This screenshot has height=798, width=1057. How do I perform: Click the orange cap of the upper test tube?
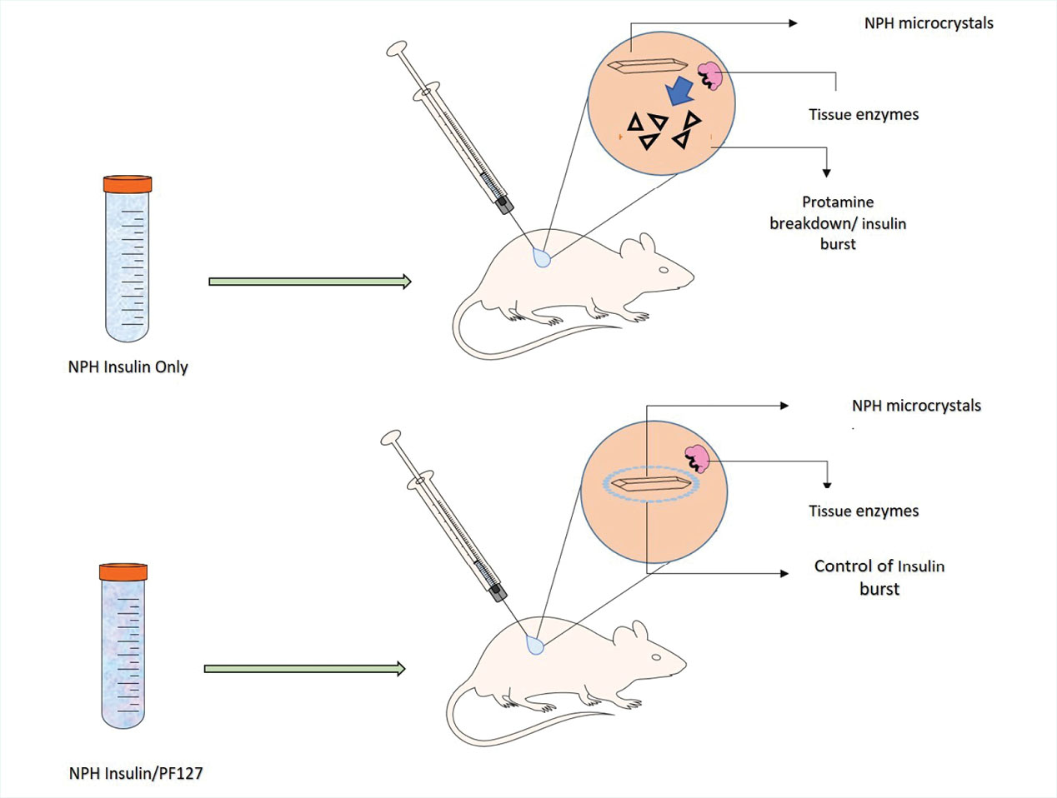click(128, 184)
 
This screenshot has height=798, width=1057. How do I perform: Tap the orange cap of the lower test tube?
click(123, 571)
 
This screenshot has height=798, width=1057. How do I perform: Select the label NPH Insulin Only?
click(128, 367)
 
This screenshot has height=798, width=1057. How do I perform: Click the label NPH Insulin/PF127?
click(136, 773)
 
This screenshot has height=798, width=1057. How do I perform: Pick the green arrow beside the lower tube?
click(305, 668)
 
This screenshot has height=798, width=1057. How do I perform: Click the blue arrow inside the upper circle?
click(681, 91)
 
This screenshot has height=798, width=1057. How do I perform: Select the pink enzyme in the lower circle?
click(696, 459)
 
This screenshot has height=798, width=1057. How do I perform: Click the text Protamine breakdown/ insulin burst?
click(838, 223)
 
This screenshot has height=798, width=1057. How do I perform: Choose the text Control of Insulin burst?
click(879, 577)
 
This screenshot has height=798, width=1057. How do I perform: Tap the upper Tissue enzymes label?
click(864, 115)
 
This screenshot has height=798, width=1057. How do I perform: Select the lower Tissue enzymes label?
click(864, 511)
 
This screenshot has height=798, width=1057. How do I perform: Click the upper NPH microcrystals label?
click(929, 23)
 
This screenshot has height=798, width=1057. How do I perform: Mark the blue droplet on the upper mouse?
click(543, 259)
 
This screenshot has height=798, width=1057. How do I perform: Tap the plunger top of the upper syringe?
click(396, 48)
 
